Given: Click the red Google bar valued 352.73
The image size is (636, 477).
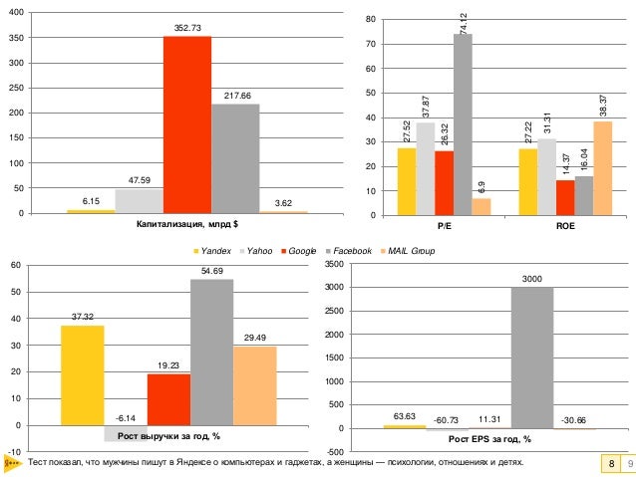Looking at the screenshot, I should pyautogui.click(x=187, y=124).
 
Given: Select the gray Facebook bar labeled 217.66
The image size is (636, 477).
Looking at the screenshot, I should pyautogui.click(x=235, y=158).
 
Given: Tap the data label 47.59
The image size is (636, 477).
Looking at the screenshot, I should pyautogui.click(x=140, y=180).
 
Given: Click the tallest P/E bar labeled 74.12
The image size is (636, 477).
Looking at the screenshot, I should pyautogui.click(x=463, y=124).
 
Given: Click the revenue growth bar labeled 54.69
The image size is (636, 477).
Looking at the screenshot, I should pyautogui.click(x=212, y=353).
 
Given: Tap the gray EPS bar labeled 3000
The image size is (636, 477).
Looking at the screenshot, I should pyautogui.click(x=532, y=358).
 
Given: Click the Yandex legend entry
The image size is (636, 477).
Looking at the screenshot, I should pyautogui.click(x=207, y=251).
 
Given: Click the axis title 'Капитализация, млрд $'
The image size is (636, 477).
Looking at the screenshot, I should pyautogui.click(x=187, y=224).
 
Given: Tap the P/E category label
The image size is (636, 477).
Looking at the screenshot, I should pyautogui.click(x=444, y=226).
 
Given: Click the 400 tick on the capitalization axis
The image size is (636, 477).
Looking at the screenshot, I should pyautogui.click(x=19, y=15).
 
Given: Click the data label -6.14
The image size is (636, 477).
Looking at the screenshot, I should pyautogui.click(x=126, y=418).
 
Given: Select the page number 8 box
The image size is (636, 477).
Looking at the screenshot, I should pyautogui.click(x=608, y=465).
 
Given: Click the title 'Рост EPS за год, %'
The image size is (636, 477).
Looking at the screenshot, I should pyautogui.click(x=488, y=438).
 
